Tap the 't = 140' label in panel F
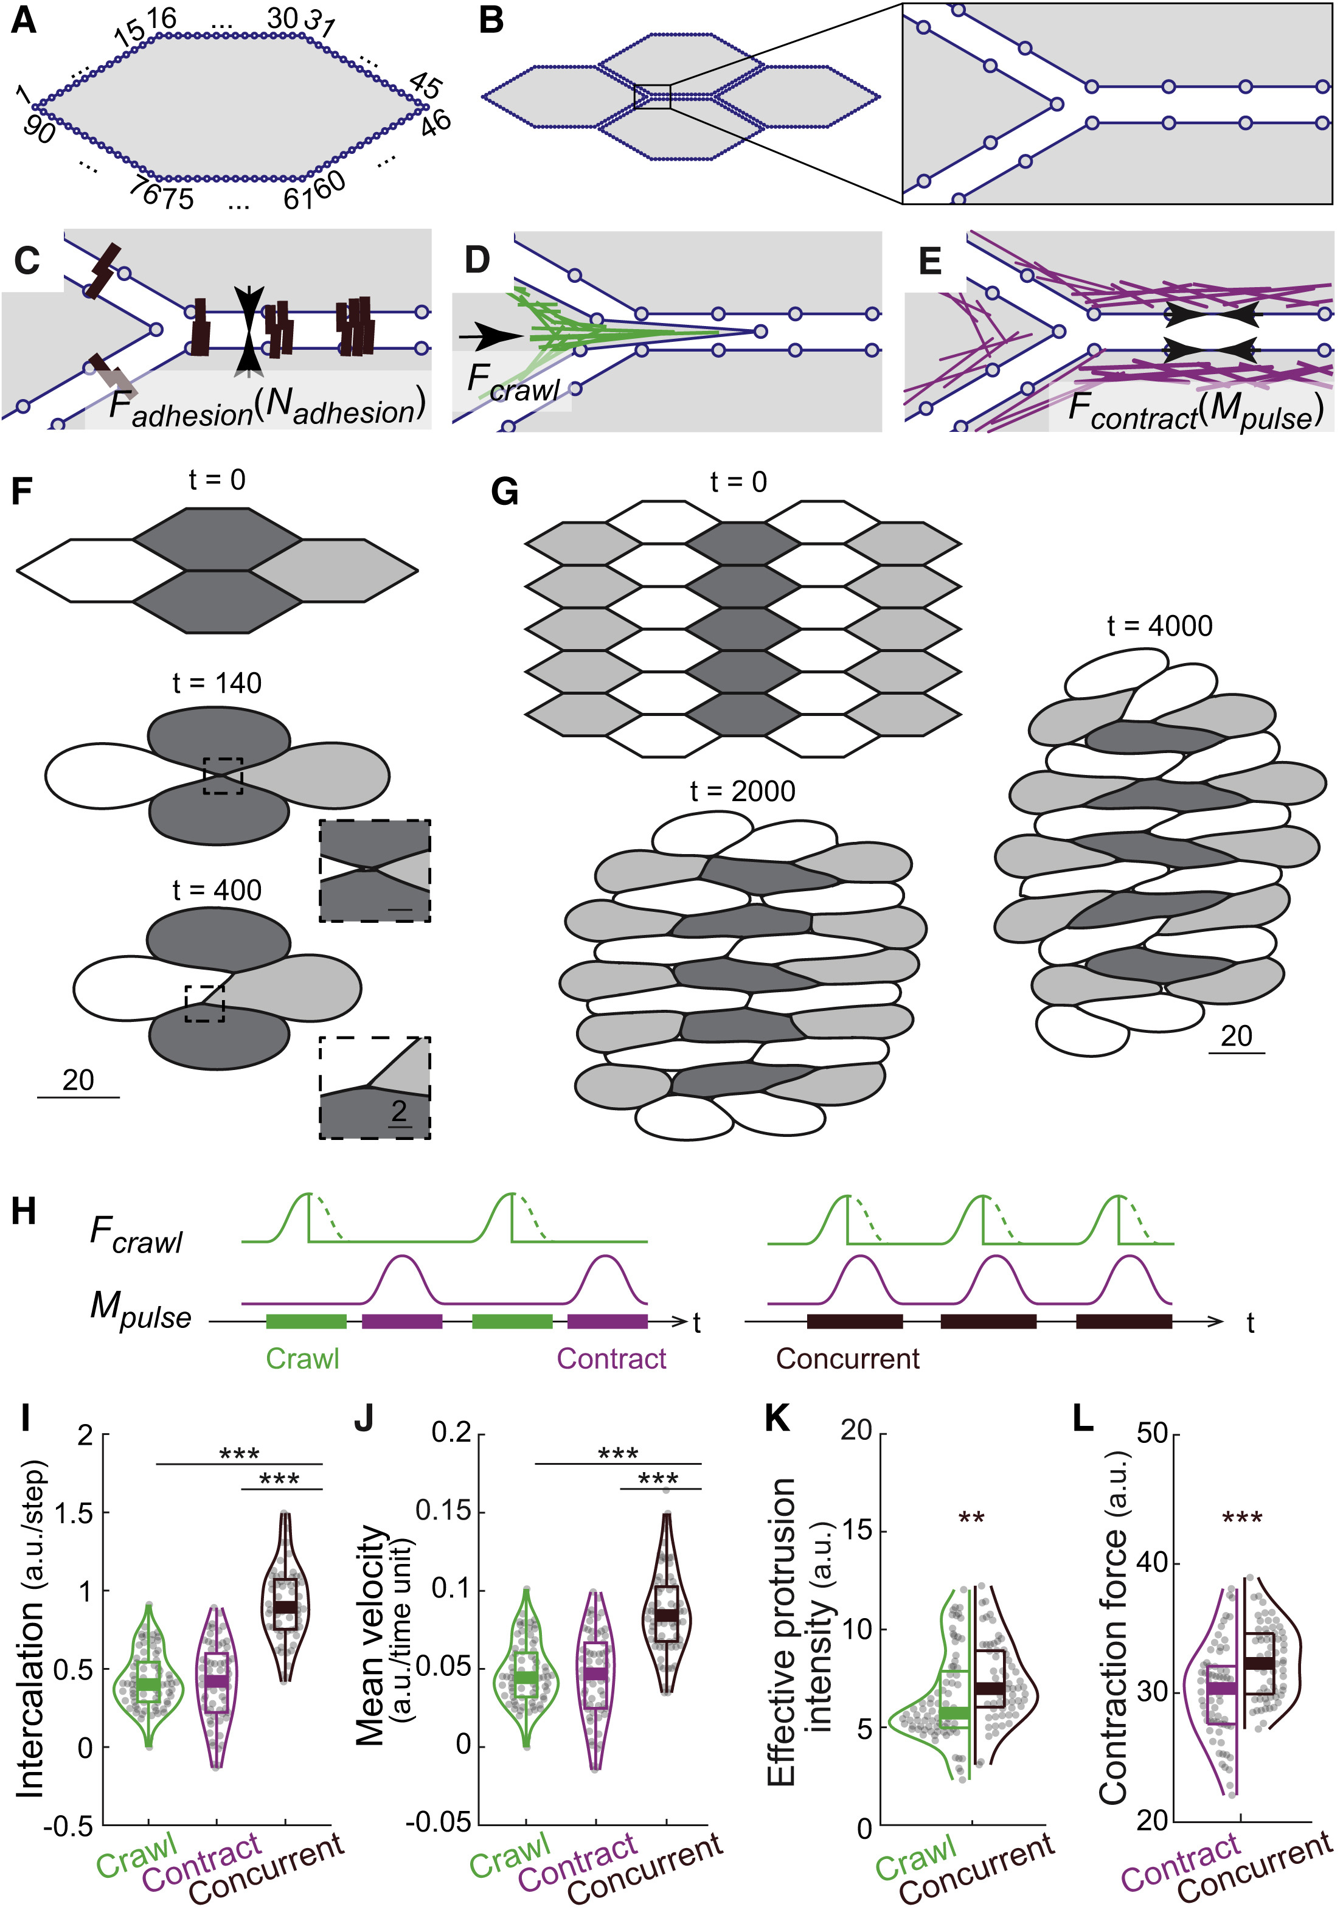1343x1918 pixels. pos(217,683)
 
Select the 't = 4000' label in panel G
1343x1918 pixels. pos(1159,626)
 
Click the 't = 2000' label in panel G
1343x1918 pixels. pos(743,791)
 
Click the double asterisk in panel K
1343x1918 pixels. pos(971,1517)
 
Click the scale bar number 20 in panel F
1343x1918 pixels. pos(78,1080)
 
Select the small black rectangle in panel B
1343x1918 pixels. pos(652,96)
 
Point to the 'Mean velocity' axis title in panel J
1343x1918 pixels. pos(372,1629)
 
